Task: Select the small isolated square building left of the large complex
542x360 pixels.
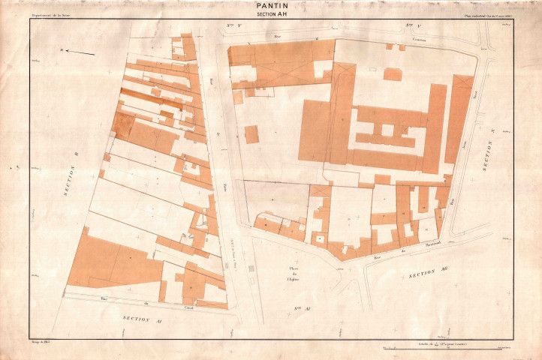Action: tap(251, 134)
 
